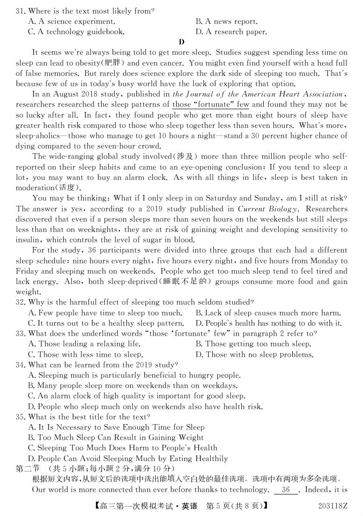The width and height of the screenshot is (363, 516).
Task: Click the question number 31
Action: point(20,11)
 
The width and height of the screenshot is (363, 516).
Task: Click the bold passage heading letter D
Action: point(182,42)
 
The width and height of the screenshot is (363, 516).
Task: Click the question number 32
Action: point(20,302)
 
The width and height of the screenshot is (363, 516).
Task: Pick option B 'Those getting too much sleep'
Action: point(253,344)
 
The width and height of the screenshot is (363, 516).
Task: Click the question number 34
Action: point(20,365)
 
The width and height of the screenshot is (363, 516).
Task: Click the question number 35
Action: point(20,417)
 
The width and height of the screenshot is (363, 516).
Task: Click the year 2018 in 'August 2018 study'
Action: point(81,94)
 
